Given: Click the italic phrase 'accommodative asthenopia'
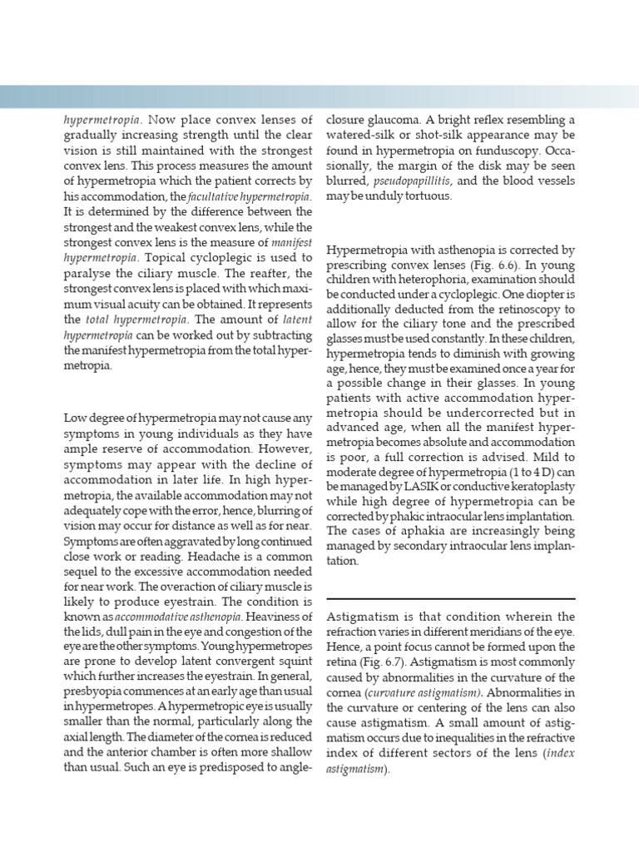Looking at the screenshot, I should [x=179, y=617].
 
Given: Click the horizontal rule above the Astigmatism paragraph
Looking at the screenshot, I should [x=450, y=598].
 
